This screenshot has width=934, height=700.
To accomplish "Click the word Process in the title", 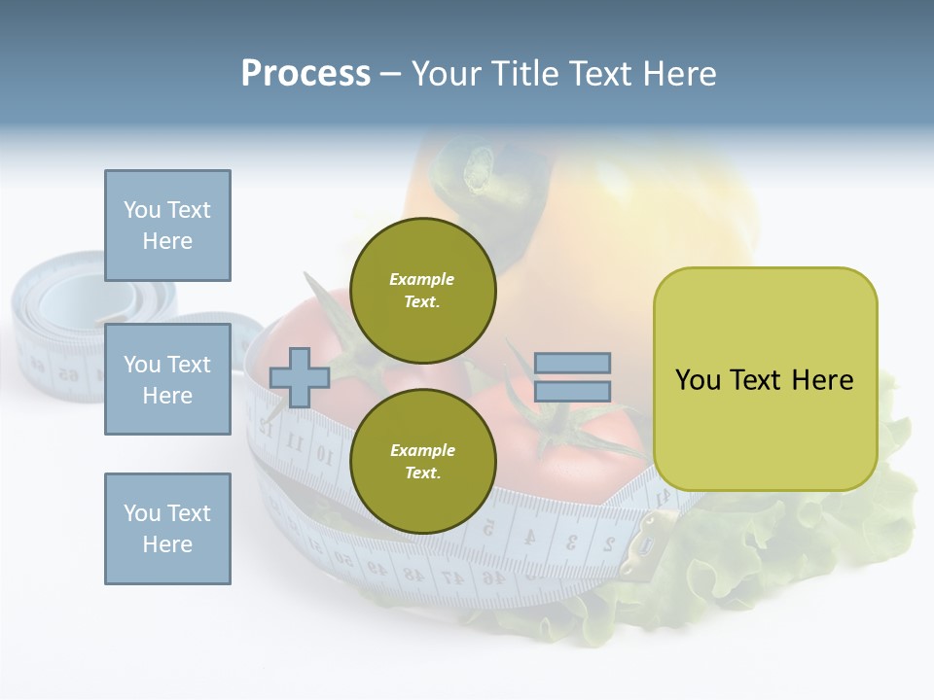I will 305,74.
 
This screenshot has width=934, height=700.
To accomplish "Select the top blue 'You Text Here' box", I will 167,226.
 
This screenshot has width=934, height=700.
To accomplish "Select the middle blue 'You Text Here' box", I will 167,379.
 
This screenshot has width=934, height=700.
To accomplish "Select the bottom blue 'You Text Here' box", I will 167,528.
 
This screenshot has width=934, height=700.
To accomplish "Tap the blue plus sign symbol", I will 299,378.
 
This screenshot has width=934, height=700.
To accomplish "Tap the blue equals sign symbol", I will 572,377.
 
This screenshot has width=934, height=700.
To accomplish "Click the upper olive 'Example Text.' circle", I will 422,291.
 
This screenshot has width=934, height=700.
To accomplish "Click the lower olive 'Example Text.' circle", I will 422,461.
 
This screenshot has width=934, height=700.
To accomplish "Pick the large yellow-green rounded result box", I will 765,379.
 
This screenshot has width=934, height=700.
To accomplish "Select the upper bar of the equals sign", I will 572,364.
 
